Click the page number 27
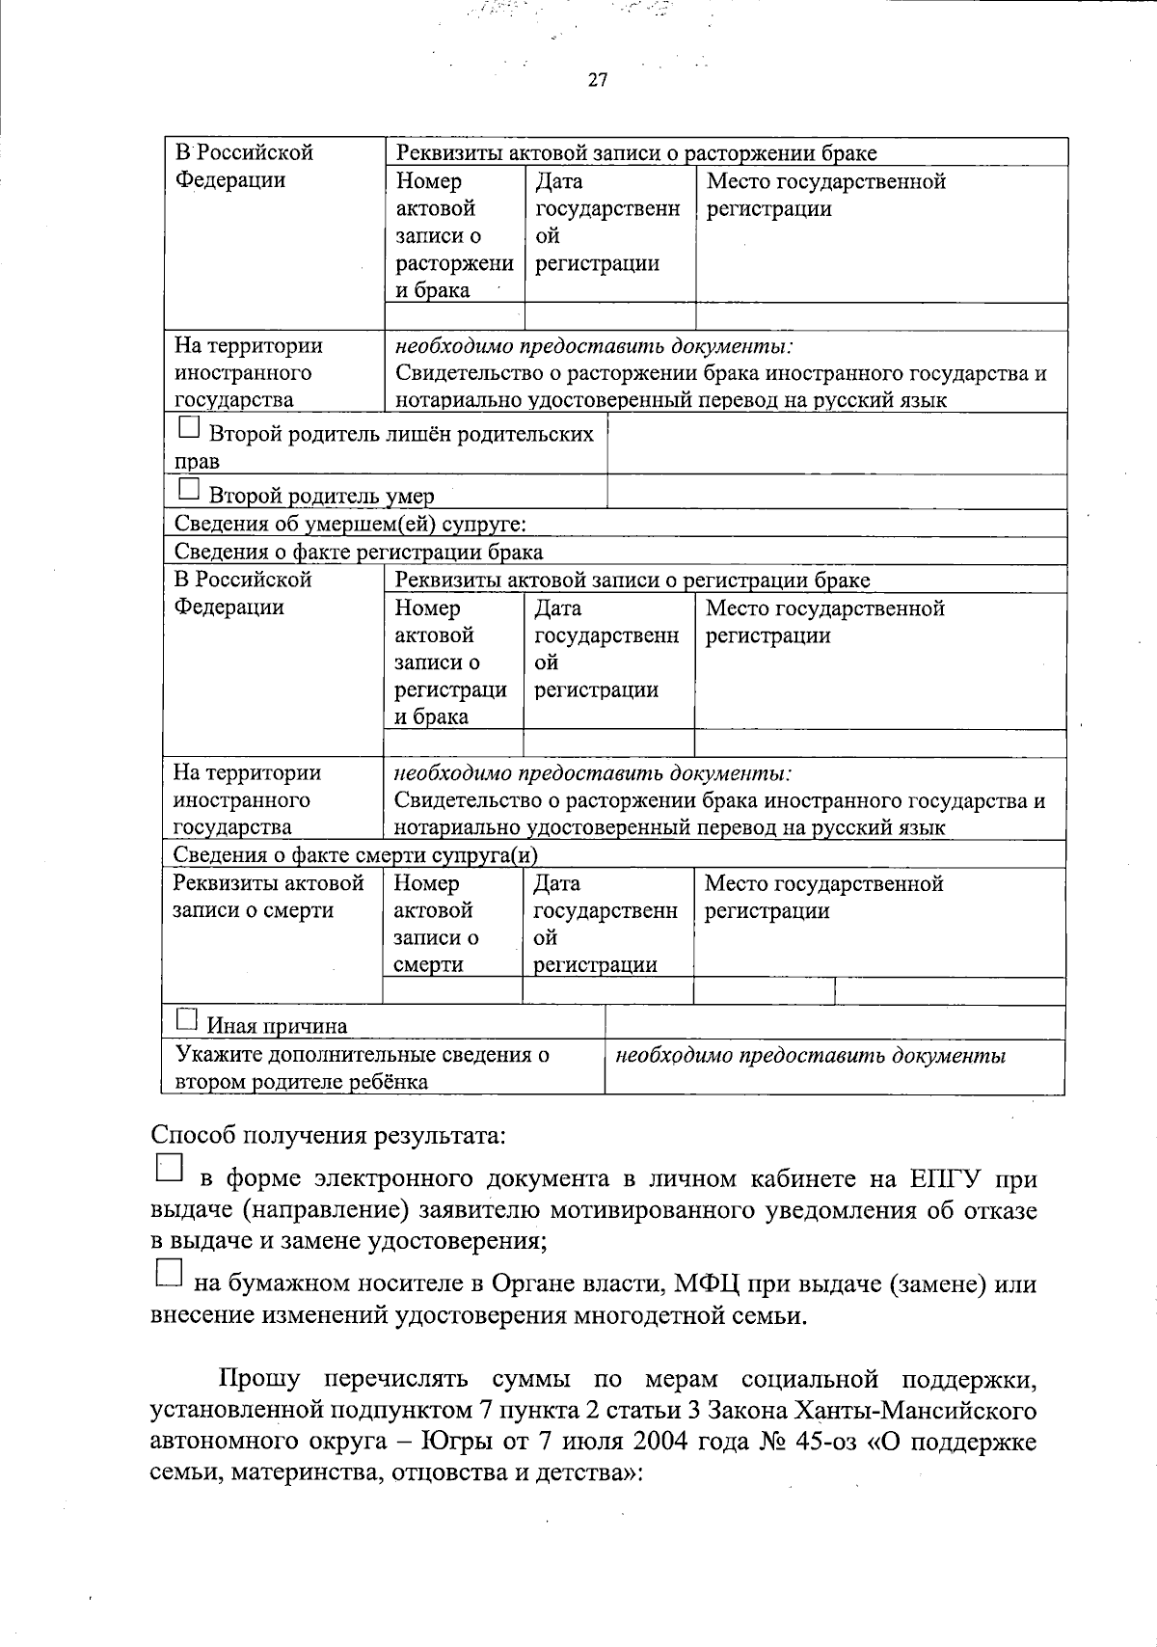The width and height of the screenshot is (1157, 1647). (x=597, y=80)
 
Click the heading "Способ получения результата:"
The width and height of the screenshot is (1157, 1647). (x=328, y=1135)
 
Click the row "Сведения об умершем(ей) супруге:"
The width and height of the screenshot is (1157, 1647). (x=349, y=524)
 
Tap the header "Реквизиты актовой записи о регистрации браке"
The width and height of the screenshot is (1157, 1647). (x=632, y=580)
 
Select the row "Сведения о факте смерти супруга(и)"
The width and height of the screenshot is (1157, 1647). (x=355, y=855)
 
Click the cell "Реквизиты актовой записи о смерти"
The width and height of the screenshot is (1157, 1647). (x=268, y=897)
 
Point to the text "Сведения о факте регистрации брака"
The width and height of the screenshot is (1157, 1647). (x=358, y=552)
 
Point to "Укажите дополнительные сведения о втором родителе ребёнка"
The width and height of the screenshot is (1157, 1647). (x=362, y=1067)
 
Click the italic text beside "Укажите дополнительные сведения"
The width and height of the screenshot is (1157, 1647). (x=810, y=1056)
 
